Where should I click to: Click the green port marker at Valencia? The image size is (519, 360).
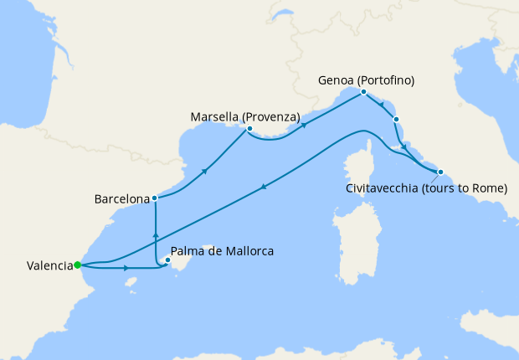click(77, 265)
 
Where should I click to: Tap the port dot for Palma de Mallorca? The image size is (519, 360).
click(167, 260)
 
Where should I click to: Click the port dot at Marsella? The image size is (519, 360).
click(249, 129)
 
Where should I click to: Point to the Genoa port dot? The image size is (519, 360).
click(364, 92)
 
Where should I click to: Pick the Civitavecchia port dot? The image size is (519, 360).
click(440, 172)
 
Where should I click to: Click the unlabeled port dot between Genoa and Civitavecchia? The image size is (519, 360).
click(396, 120)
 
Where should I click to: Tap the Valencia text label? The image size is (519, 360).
click(48, 266)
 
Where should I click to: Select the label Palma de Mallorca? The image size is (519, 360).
click(222, 251)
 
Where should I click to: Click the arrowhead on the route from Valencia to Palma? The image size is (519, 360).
click(126, 269)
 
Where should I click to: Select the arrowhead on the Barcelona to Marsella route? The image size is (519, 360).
click(205, 170)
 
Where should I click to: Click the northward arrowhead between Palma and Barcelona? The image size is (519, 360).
click(156, 228)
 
